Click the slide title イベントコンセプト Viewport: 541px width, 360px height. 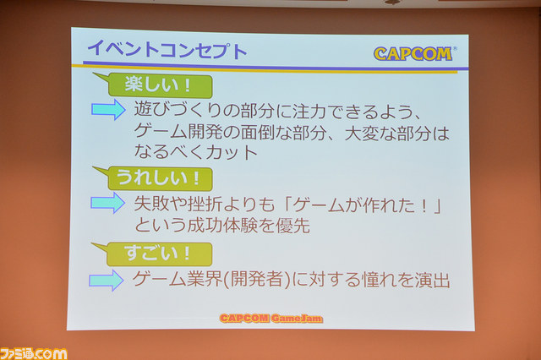pos(167,50)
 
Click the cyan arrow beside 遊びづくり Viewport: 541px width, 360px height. pos(108,110)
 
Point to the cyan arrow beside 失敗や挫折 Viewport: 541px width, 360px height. pos(107,203)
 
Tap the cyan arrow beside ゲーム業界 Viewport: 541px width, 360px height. pos(107,281)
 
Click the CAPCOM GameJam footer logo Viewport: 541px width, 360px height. pos(271,318)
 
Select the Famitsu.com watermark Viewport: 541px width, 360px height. pos(34,354)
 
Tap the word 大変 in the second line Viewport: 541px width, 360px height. pos(362,134)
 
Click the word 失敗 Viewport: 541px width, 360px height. pos(151,204)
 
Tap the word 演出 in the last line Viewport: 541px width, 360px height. pos(433,280)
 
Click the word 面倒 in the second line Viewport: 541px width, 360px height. pos(258,133)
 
